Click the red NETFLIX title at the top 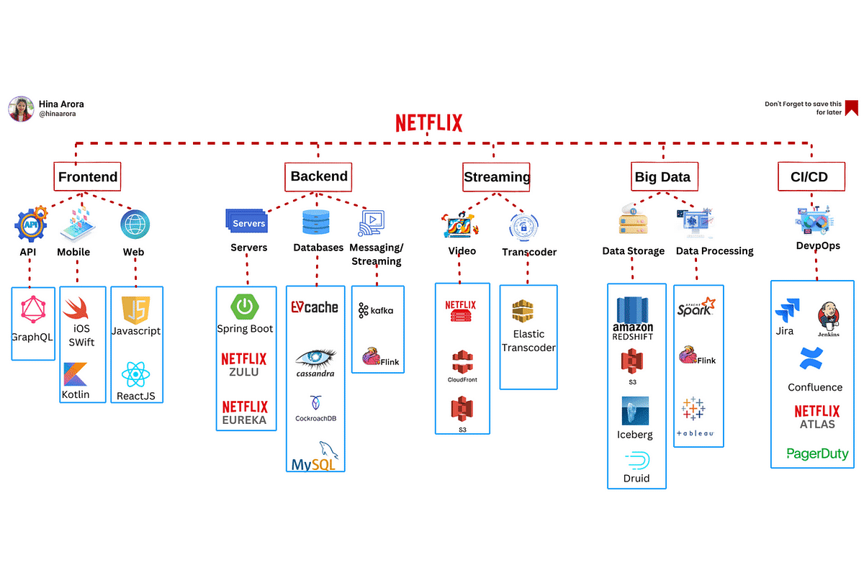428,123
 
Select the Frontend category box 88,176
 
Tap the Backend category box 319,176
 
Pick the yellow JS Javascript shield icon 136,309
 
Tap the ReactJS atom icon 135,374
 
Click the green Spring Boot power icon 245,307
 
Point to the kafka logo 377,310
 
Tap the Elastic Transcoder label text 528,340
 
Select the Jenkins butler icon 828,317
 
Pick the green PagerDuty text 817,453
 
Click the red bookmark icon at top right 852,108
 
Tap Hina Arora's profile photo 21,109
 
